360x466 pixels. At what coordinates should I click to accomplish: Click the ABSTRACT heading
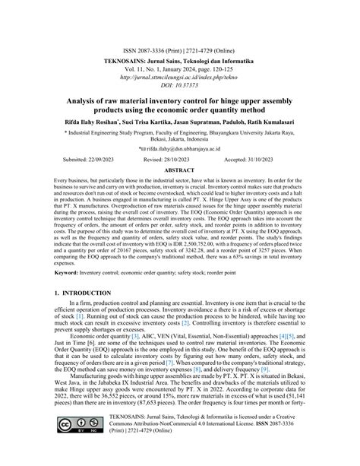point(180,172)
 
